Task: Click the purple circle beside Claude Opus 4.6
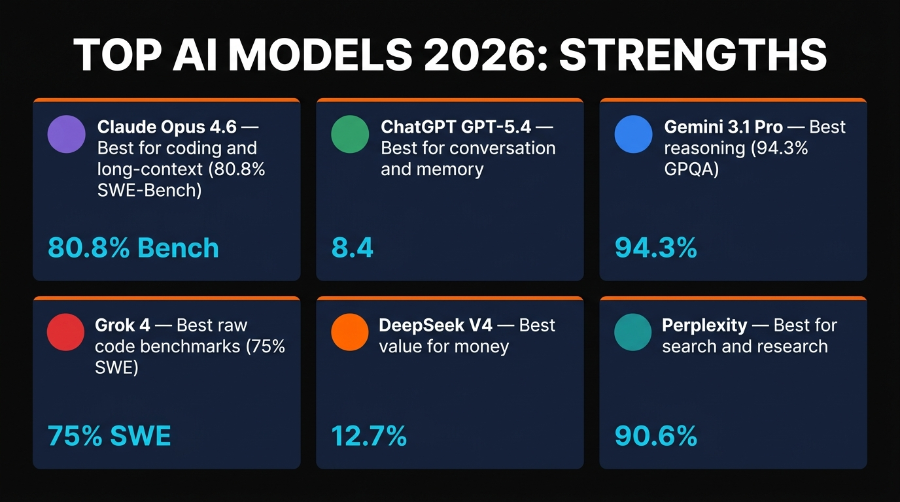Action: pyautogui.click(x=67, y=134)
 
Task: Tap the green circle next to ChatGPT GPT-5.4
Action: pyautogui.click(x=350, y=134)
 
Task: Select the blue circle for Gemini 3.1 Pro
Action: pyautogui.click(x=633, y=134)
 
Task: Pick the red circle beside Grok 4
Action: pyautogui.click(x=66, y=332)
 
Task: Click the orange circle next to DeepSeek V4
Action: pyautogui.click(x=350, y=332)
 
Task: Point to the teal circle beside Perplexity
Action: pyautogui.click(x=633, y=332)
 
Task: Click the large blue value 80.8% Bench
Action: pyautogui.click(x=133, y=248)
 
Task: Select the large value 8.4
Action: pyautogui.click(x=353, y=248)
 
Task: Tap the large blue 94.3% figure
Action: pyautogui.click(x=656, y=248)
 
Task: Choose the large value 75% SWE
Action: pyautogui.click(x=109, y=436)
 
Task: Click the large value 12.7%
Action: pyautogui.click(x=369, y=436)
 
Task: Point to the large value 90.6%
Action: pyautogui.click(x=656, y=436)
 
